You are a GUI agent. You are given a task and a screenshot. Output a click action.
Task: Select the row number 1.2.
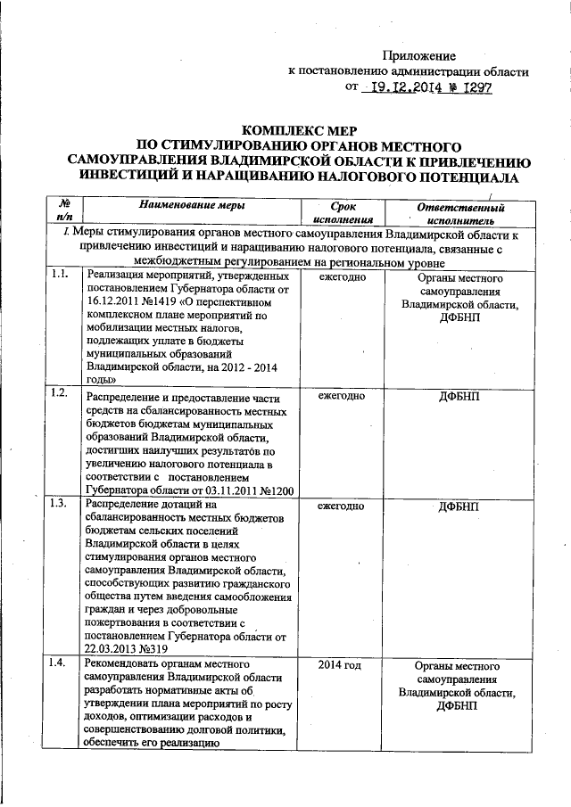tap(61, 393)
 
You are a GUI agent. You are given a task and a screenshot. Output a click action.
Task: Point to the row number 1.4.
tap(61, 664)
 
